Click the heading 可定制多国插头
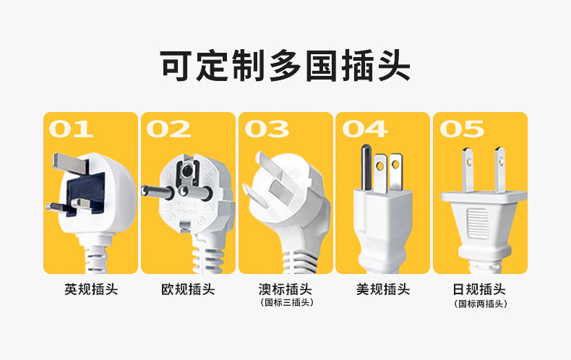(x=285, y=66)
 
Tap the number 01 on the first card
(x=71, y=129)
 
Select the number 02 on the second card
(x=168, y=129)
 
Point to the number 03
(x=267, y=129)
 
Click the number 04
(x=365, y=129)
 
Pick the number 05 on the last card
(x=462, y=129)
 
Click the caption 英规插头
(x=91, y=290)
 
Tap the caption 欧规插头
(x=188, y=290)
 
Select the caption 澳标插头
(x=285, y=290)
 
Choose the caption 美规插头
(x=383, y=290)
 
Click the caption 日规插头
(x=479, y=290)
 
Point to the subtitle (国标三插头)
(x=287, y=302)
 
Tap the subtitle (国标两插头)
(x=481, y=304)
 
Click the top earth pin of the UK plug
(x=70, y=163)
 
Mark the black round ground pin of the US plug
(x=366, y=167)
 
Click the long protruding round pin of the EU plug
(x=158, y=192)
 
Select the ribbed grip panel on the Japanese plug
(x=478, y=223)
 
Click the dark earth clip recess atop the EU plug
(x=187, y=171)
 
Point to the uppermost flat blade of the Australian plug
(x=267, y=165)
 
